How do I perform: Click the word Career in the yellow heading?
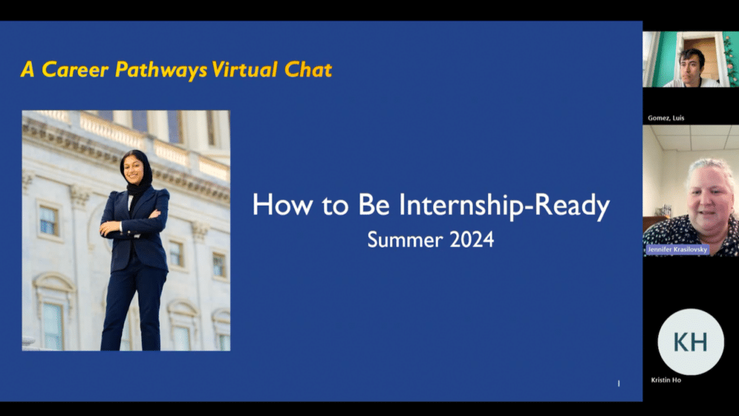pyautogui.click(x=75, y=69)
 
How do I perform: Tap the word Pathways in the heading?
pyautogui.click(x=161, y=70)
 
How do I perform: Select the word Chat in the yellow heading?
pyautogui.click(x=308, y=69)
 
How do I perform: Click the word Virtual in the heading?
pyautogui.click(x=245, y=69)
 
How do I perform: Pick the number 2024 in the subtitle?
pyautogui.click(x=472, y=240)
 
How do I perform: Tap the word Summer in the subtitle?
pyautogui.click(x=406, y=240)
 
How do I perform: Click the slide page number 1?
pyautogui.click(x=618, y=383)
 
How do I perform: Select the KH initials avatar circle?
pyautogui.click(x=691, y=342)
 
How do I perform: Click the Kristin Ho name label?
pyautogui.click(x=666, y=380)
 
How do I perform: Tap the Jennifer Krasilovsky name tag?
pyautogui.click(x=677, y=249)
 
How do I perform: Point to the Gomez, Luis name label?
pyautogui.click(x=666, y=118)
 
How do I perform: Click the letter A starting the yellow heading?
pyautogui.click(x=28, y=69)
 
